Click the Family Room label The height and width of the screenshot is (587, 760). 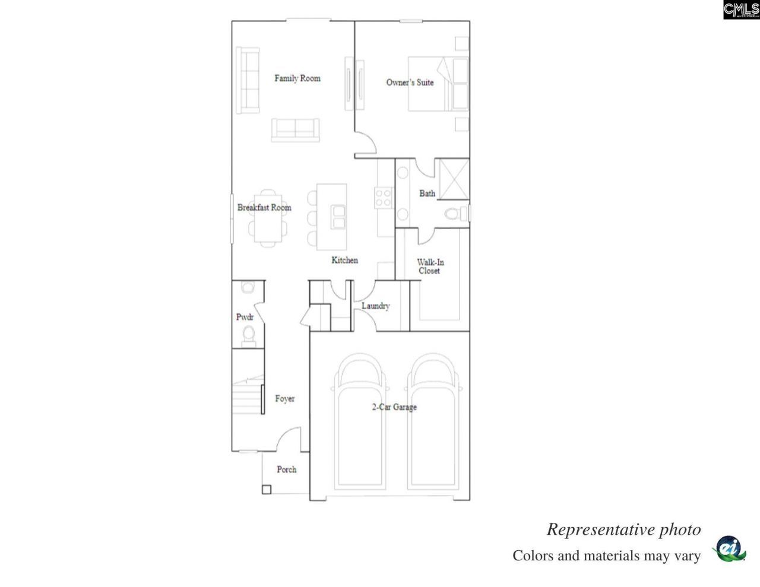(297, 78)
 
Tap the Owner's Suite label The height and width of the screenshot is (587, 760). (410, 83)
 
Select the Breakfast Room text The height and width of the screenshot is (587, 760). (264, 208)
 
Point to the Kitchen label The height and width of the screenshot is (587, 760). (344, 260)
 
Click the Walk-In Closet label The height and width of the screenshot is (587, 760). (430, 266)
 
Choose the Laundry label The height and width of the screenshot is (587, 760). (375, 306)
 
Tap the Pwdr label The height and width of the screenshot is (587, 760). (245, 318)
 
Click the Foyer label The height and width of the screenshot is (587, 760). (284, 399)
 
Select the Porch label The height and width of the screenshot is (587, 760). (286, 469)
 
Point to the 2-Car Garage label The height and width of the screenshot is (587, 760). (394, 407)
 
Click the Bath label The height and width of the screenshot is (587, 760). (427, 193)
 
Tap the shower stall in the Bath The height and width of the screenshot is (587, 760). (452, 177)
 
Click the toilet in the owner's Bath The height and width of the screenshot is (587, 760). (454, 214)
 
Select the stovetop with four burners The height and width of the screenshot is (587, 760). (384, 197)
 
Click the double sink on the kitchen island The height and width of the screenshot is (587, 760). (338, 217)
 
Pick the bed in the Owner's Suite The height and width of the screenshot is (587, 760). (437, 84)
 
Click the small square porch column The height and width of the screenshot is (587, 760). (267, 490)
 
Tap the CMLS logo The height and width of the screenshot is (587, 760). (741, 9)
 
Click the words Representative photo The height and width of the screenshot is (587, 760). (623, 529)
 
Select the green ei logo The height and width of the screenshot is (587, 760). (728, 548)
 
